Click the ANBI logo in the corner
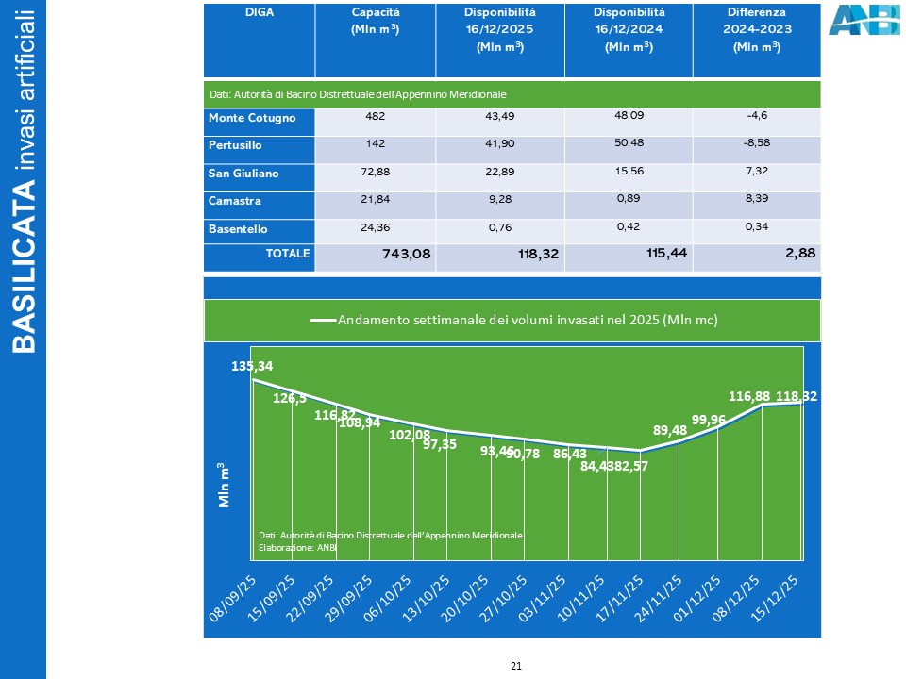(864, 20)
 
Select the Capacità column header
(376, 21)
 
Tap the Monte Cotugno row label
(252, 118)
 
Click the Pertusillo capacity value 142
(374, 145)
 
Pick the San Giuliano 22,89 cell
(499, 174)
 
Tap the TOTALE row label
(287, 253)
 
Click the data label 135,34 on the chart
(252, 366)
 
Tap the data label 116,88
(750, 397)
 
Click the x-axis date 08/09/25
(232, 600)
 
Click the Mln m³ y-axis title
(225, 484)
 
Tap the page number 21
(516, 666)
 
